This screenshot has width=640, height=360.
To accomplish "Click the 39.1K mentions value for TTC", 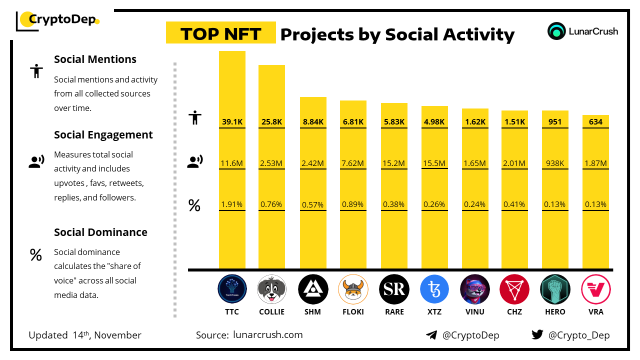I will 232,121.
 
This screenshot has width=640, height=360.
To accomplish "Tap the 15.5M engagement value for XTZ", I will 434,163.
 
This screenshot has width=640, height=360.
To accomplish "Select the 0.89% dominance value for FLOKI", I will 353,204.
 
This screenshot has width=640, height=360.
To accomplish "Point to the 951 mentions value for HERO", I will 555,121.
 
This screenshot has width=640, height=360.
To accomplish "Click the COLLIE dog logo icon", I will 271,289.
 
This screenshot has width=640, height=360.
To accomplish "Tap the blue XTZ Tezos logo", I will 434,289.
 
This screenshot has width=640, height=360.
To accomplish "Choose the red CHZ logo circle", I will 514,289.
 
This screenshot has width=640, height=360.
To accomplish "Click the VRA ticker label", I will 595,312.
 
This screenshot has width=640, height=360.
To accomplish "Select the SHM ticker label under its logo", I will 312,312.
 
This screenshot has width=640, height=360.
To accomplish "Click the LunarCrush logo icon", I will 556,31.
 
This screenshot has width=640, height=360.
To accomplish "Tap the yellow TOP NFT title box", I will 220,33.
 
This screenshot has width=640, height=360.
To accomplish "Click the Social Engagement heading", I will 103,135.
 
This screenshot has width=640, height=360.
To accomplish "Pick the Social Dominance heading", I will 100,232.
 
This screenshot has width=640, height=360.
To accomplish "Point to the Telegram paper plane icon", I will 431,335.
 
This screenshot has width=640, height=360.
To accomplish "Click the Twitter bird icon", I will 537,335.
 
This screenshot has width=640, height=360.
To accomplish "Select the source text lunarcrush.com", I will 267,335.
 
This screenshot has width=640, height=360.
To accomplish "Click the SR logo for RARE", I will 394,289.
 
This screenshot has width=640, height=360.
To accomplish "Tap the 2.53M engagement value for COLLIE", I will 271,163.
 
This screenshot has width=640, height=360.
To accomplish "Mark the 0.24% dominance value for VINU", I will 474,204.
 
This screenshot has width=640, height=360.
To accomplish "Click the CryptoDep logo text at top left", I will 61,20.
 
